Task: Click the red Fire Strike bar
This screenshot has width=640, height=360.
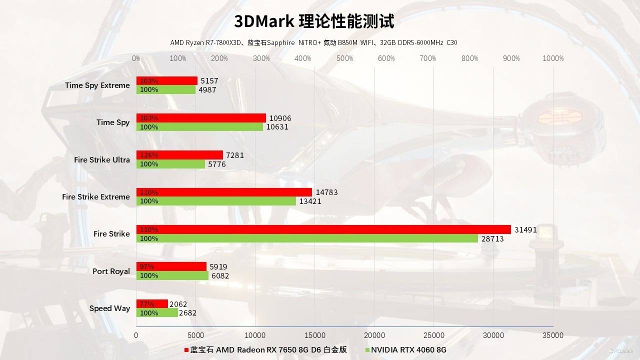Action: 323,229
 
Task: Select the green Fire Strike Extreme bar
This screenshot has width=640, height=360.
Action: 216,201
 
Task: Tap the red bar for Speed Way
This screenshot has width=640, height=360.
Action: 152,304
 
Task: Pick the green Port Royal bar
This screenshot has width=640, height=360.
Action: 172,275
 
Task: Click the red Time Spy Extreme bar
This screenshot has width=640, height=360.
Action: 167,80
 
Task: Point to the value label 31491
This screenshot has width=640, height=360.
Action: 525,230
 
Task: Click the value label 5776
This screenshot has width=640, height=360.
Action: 217,164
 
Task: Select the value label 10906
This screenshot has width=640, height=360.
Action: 280,118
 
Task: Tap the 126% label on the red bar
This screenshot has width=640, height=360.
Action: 149,155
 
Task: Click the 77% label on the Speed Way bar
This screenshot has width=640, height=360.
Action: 147,304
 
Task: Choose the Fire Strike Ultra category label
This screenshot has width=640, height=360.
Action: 101,160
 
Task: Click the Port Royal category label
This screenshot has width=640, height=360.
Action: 111,271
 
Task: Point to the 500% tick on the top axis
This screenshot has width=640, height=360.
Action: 344,58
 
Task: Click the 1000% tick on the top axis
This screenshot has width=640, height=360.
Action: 553,58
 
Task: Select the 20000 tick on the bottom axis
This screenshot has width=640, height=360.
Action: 374,335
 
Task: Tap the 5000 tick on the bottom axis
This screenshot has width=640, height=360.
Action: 196,335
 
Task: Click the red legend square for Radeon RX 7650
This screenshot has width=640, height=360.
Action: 186,350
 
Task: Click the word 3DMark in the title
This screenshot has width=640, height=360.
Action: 264,21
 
